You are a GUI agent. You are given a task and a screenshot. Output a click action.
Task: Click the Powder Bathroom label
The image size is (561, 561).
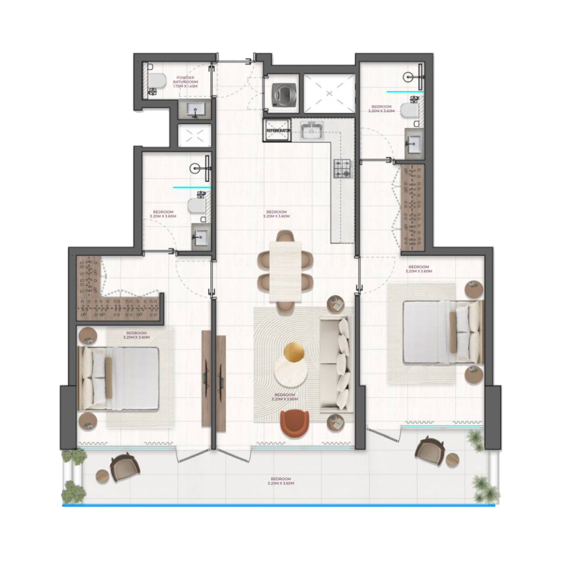(185, 82)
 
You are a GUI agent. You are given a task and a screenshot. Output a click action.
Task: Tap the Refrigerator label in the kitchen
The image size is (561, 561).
(279, 131)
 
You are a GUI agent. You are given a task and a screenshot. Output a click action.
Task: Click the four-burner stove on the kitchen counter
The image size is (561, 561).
(343, 168)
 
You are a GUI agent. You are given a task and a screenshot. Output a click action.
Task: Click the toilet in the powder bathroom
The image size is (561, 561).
(156, 80)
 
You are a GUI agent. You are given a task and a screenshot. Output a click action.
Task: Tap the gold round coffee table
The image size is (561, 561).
(294, 352)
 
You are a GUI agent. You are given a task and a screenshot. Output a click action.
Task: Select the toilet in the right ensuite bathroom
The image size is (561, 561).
(409, 111)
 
